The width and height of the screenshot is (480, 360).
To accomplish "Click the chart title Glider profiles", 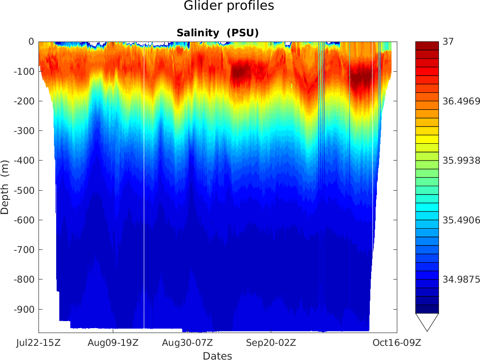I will point(229,6).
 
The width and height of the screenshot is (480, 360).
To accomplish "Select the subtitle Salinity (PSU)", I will point(217,33).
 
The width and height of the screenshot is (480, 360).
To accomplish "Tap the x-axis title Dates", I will point(217,356).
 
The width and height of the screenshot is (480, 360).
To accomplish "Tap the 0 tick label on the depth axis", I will point(31,42).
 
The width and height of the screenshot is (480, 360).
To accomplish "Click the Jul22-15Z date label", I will point(38,343).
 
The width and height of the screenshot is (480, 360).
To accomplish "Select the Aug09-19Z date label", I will point(113,343).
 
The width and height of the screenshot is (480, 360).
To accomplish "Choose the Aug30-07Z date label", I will point(188,343).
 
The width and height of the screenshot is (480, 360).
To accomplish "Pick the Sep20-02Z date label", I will point(271,343).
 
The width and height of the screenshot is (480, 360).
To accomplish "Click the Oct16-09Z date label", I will point(396,343).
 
